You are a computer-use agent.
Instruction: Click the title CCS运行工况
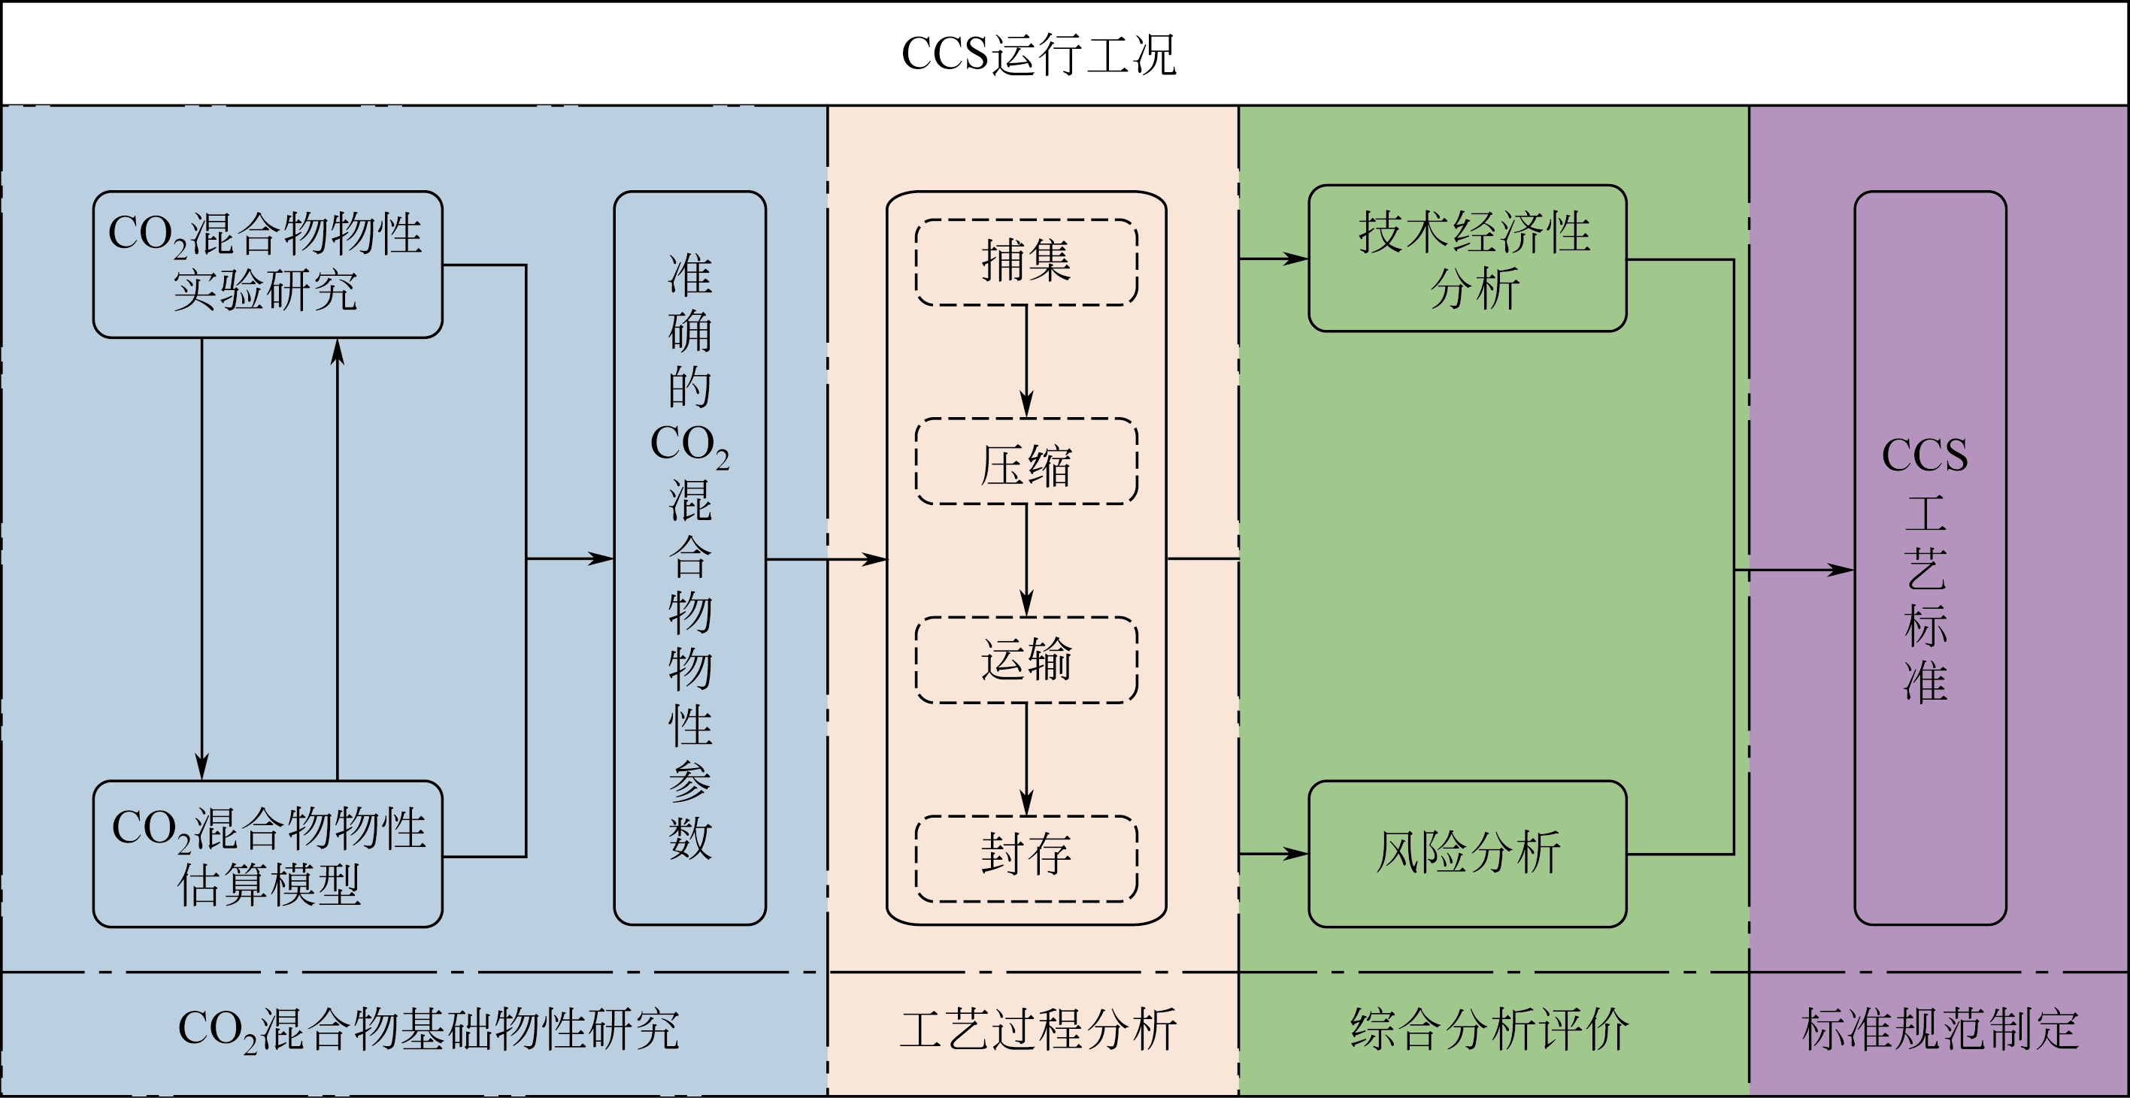coord(1038,55)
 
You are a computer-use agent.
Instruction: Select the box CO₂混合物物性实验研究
coord(267,264)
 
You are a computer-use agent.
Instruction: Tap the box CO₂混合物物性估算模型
coord(267,853)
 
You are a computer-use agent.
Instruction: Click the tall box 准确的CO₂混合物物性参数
coord(689,558)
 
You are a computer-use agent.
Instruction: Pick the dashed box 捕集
coord(1026,262)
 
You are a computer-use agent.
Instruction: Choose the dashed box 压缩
coord(1026,461)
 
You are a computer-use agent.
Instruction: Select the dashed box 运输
coord(1026,660)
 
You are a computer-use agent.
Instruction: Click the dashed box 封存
coord(1026,858)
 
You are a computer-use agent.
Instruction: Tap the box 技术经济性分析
coord(1467,259)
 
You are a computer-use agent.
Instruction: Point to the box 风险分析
coord(1467,853)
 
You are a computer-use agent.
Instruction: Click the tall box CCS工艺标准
coord(1930,558)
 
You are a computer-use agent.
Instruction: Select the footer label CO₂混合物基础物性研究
coord(429,1030)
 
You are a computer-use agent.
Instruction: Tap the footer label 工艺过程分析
coord(1038,1030)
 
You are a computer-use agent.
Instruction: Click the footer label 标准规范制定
coord(1940,1030)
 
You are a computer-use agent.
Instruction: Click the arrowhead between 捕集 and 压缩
coord(1026,407)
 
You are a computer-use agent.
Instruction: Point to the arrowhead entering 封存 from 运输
coord(1026,803)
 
